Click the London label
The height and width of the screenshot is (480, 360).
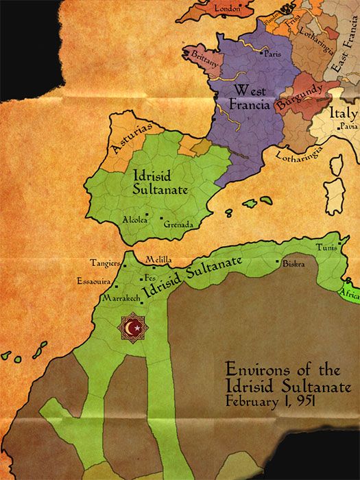tap(229, 9)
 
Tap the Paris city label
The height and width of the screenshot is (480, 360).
tap(273, 53)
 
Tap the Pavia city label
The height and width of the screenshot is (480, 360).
tap(348, 127)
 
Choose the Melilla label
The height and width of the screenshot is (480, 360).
tap(158, 260)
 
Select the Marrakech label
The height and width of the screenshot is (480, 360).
tap(121, 299)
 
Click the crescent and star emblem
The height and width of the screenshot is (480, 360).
tap(134, 328)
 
